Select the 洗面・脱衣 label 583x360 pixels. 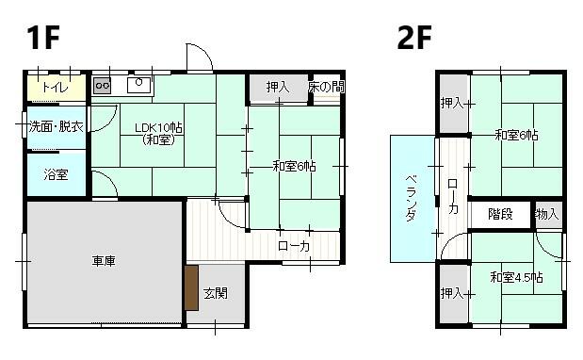coord(56,126)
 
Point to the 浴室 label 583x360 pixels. coord(56,174)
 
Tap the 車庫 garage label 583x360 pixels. coord(104,261)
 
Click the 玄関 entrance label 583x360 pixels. coord(216,293)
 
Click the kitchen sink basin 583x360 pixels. coord(138,84)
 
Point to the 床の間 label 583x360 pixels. coord(326,87)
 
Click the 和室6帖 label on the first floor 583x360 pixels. coord(295,167)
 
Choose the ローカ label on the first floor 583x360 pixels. coord(295,247)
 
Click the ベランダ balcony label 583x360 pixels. coord(412,198)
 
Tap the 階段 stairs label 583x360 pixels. coord(500,214)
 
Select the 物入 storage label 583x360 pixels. coord(546,214)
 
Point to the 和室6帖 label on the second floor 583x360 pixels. coord(517,135)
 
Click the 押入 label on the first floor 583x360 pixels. coord(277,87)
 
